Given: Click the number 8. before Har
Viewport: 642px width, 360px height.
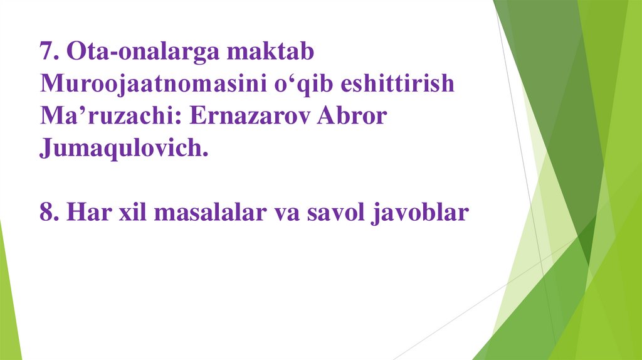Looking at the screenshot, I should pos(49,213).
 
